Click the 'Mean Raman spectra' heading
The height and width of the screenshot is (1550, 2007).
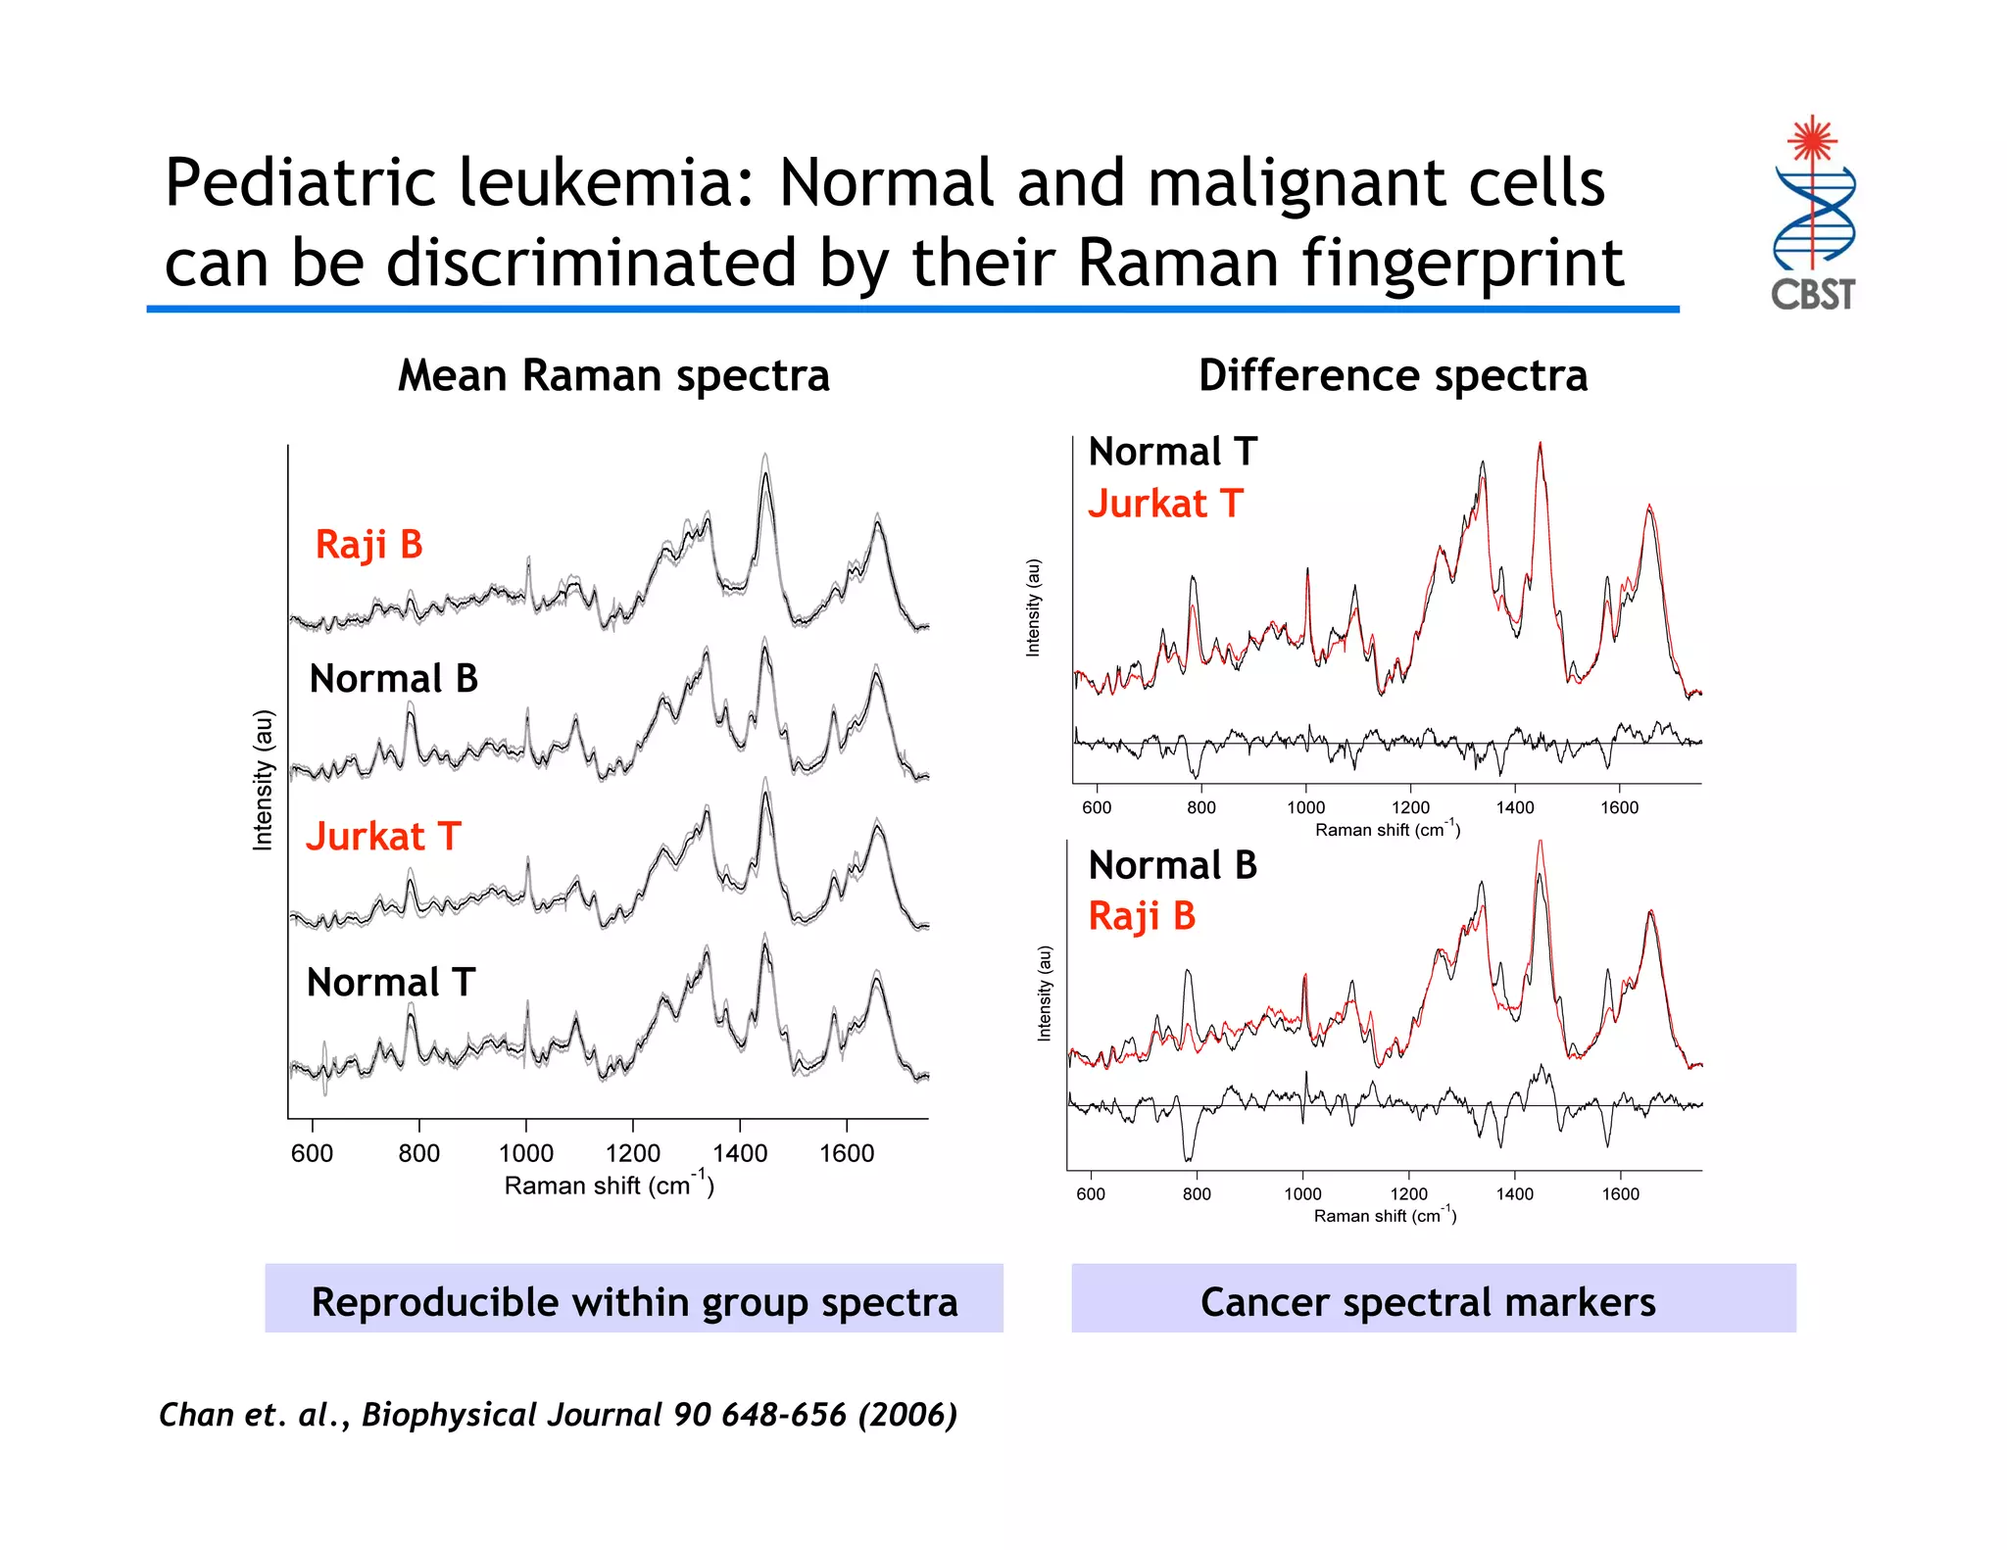(613, 376)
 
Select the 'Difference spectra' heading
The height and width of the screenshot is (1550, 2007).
(1393, 376)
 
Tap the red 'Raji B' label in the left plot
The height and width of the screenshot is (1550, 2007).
(368, 545)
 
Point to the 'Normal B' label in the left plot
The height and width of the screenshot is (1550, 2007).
(393, 679)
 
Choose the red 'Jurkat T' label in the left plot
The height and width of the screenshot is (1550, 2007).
(383, 837)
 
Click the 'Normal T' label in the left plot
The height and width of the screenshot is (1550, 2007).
(390, 983)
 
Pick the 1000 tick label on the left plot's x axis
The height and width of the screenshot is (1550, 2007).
(526, 1153)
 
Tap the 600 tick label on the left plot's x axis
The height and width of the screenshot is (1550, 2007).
(312, 1153)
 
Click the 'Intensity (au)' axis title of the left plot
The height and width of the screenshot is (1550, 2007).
(263, 780)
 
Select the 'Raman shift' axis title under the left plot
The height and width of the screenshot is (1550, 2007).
(609, 1185)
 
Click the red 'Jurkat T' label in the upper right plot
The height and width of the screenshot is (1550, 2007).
(1165, 504)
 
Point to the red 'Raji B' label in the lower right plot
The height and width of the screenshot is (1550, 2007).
(1142, 916)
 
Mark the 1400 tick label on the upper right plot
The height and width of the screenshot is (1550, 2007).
(1514, 807)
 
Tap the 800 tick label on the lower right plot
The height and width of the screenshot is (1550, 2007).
(1197, 1194)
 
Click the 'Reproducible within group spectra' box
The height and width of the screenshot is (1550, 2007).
(634, 1300)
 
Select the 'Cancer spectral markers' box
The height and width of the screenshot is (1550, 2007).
(1433, 1300)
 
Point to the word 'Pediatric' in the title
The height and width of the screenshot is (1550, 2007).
(300, 184)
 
